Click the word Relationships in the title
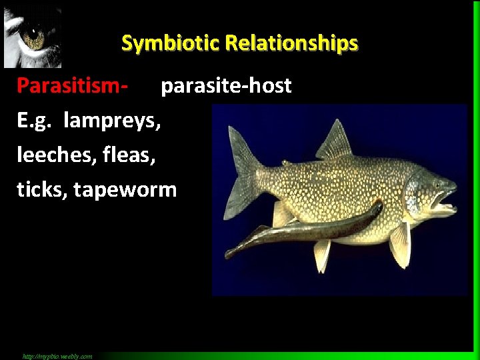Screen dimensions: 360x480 pyautogui.click(x=291, y=43)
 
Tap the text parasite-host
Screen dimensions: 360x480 pyautogui.click(x=227, y=86)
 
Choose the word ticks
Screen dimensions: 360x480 pyautogui.click(x=41, y=190)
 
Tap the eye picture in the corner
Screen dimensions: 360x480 pyautogui.click(x=32, y=37)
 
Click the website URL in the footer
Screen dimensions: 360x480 pyautogui.click(x=57, y=356)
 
